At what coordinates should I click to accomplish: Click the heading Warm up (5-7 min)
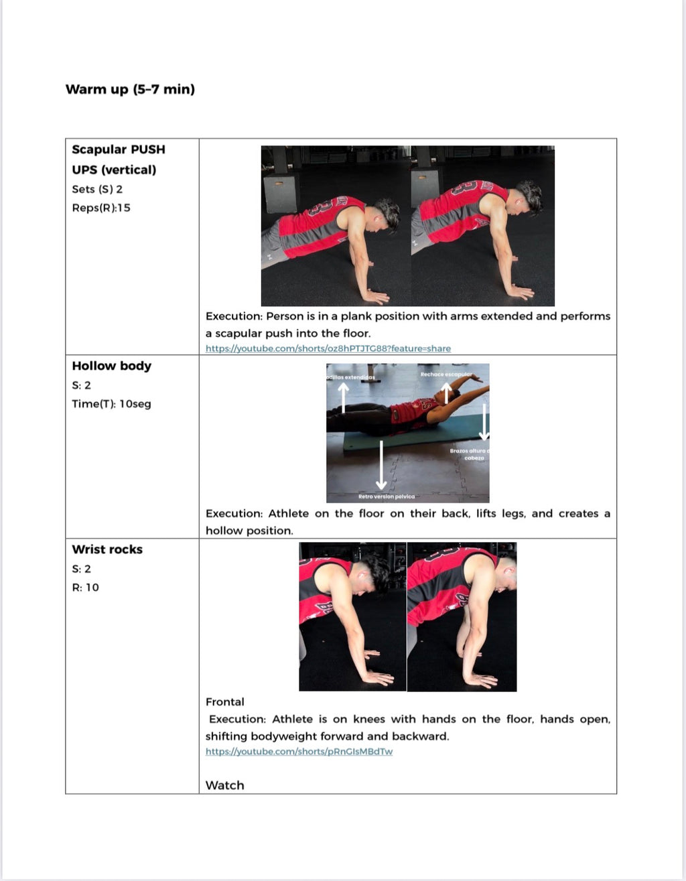(x=130, y=89)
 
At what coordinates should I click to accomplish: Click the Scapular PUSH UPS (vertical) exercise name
(x=118, y=159)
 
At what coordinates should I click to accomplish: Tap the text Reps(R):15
(x=101, y=208)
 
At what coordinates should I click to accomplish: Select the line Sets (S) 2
(x=97, y=189)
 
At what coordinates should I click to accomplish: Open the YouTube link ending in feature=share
(x=328, y=348)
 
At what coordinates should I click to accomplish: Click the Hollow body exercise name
(x=111, y=366)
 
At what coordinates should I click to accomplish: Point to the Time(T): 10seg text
(x=111, y=404)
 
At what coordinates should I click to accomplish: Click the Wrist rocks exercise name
(x=107, y=549)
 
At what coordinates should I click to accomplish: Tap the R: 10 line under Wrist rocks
(x=85, y=588)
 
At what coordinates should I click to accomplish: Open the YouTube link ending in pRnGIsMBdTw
(x=299, y=752)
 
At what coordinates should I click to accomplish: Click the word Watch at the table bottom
(x=224, y=785)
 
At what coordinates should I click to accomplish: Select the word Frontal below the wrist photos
(x=224, y=702)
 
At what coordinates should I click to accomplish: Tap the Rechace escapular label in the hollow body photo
(x=446, y=375)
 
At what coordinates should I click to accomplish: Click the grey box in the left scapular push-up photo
(x=280, y=194)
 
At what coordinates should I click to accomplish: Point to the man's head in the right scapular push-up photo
(x=529, y=197)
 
